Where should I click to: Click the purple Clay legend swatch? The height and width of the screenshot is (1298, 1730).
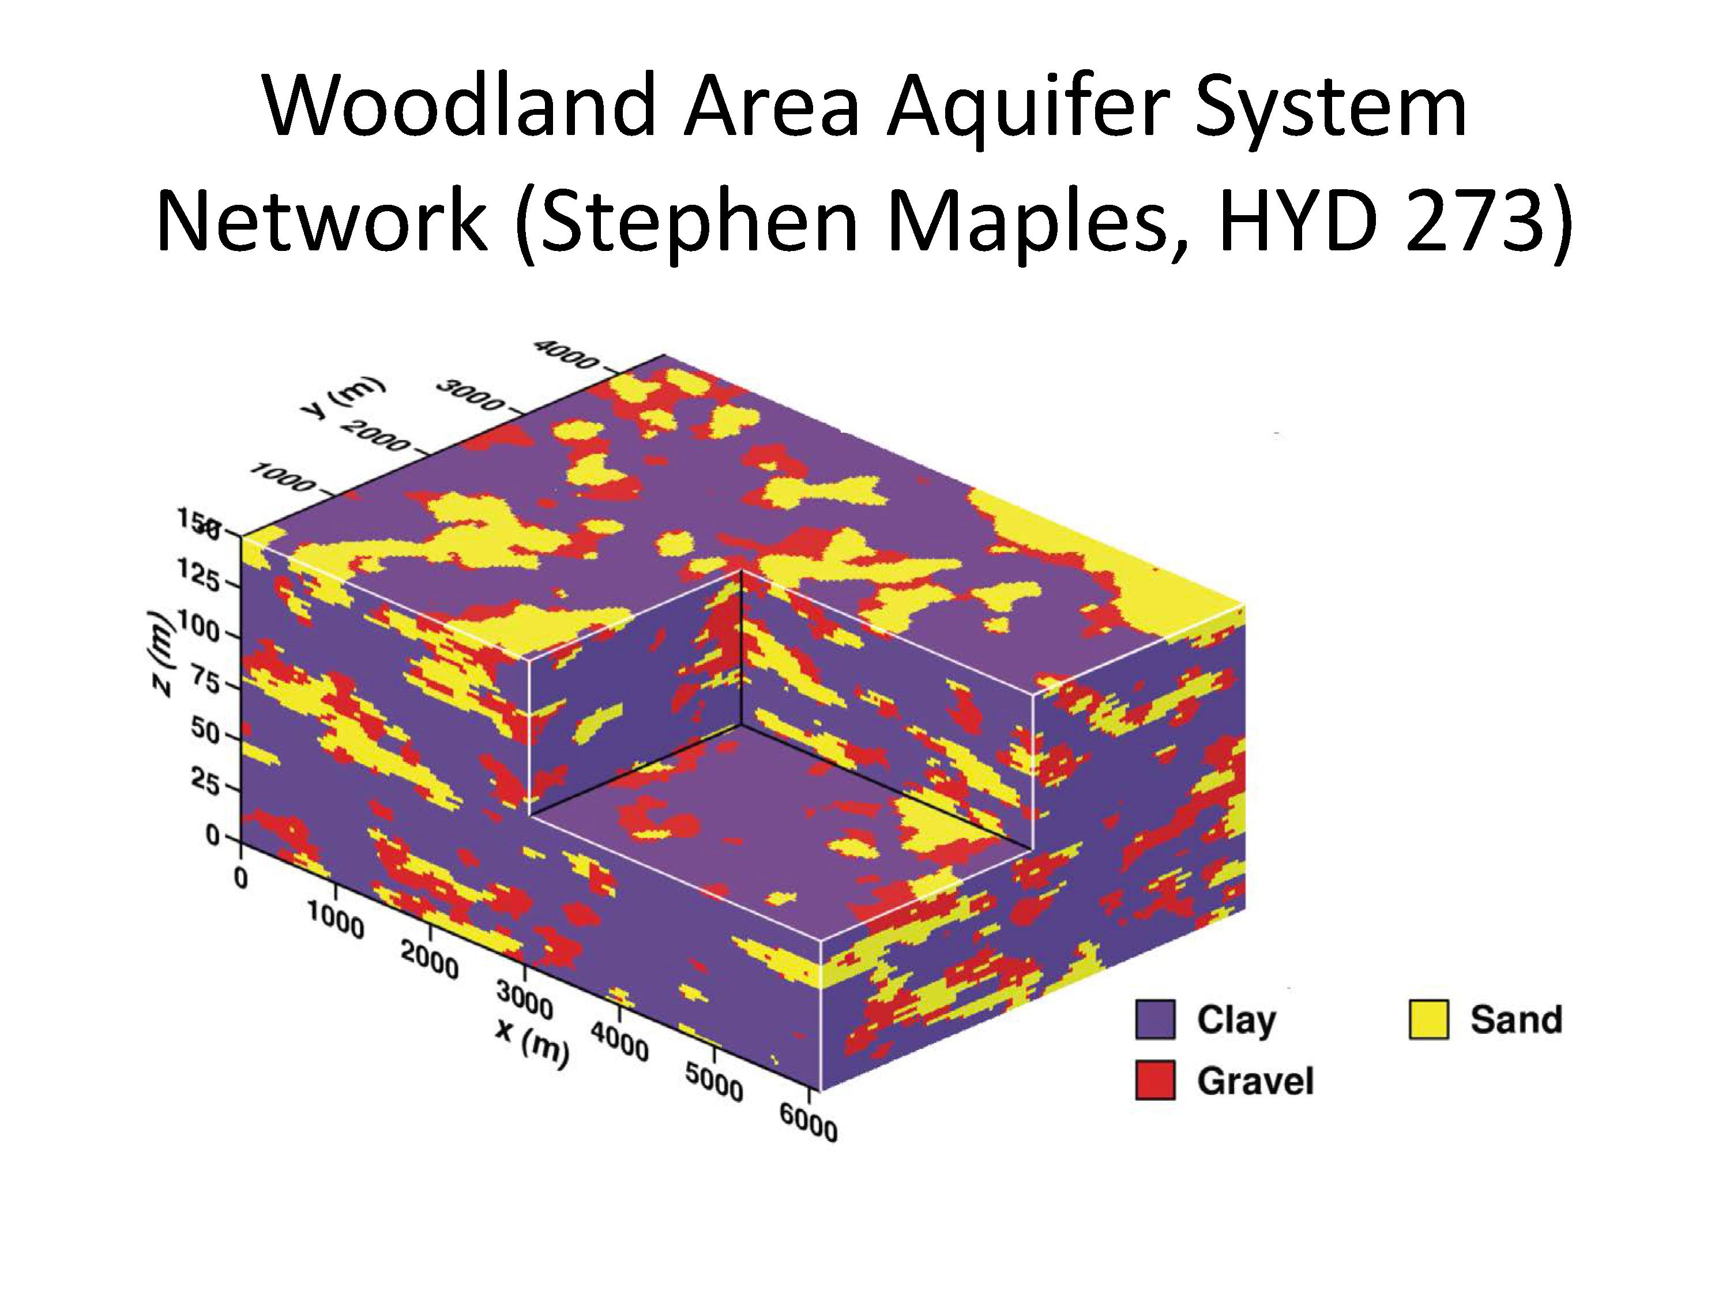1154,1019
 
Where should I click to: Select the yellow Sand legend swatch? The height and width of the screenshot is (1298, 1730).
1428,1019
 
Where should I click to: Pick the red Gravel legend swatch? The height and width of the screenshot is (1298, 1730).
1154,1081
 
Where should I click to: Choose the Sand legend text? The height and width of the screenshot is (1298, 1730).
1515,1019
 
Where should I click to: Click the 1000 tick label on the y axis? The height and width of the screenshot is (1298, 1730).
283,478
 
